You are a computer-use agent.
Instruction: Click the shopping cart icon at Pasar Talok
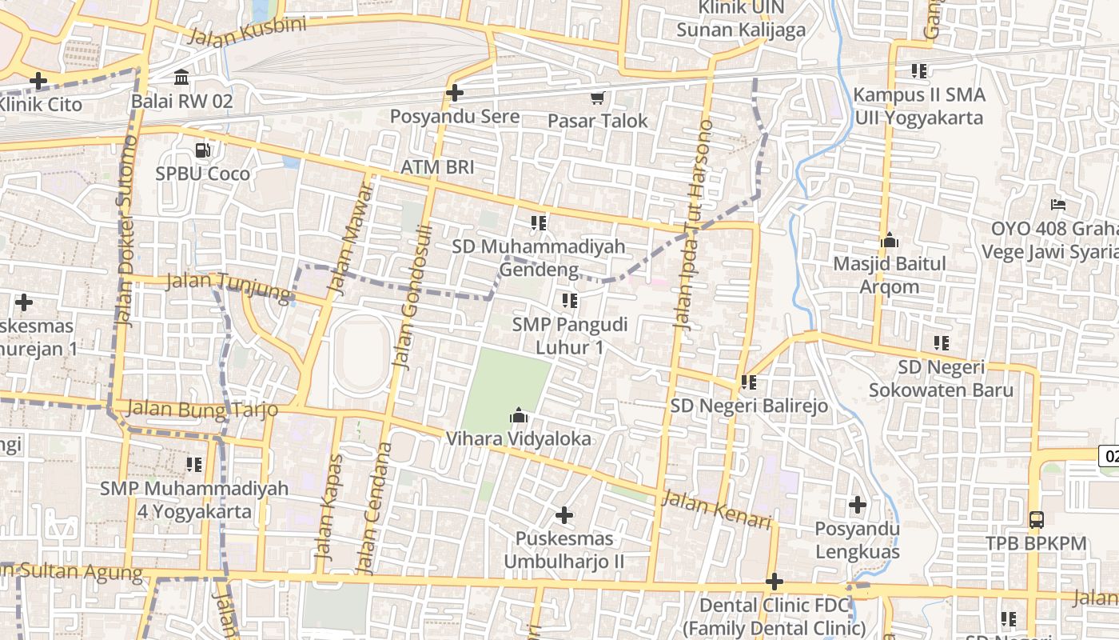[597, 98]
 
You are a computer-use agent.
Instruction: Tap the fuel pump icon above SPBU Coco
[203, 150]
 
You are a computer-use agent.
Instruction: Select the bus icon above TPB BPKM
[1036, 519]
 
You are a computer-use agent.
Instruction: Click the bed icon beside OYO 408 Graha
[1059, 204]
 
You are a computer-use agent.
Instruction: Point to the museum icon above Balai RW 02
[181, 78]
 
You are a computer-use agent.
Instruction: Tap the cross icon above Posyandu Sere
[455, 93]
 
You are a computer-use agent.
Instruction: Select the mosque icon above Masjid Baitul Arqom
[890, 239]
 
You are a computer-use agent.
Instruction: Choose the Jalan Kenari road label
[717, 510]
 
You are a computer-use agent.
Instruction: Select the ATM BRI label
[437, 167]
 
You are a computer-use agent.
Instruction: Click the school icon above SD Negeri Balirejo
[749, 382]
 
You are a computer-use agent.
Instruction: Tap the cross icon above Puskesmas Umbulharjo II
[564, 514]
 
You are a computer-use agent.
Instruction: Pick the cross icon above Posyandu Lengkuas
[858, 505]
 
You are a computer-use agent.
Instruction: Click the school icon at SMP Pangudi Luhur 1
[569, 301]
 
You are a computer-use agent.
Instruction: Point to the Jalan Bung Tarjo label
[202, 409]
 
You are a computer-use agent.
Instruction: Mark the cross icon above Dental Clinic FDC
[774, 581]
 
